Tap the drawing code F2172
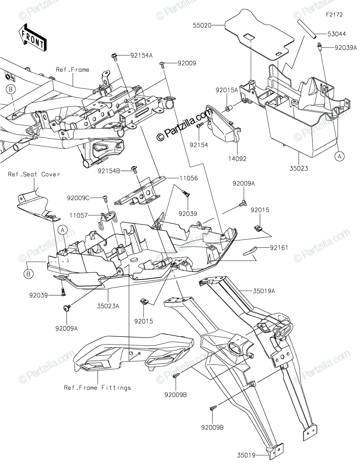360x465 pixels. pyautogui.click(x=334, y=15)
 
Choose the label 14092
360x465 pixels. pyautogui.click(x=238, y=158)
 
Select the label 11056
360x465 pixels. pyautogui.click(x=189, y=178)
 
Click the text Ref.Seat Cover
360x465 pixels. pyautogui.click(x=34, y=174)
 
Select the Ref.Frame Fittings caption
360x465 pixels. pyautogui.click(x=98, y=387)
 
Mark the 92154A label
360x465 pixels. pyautogui.click(x=141, y=55)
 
